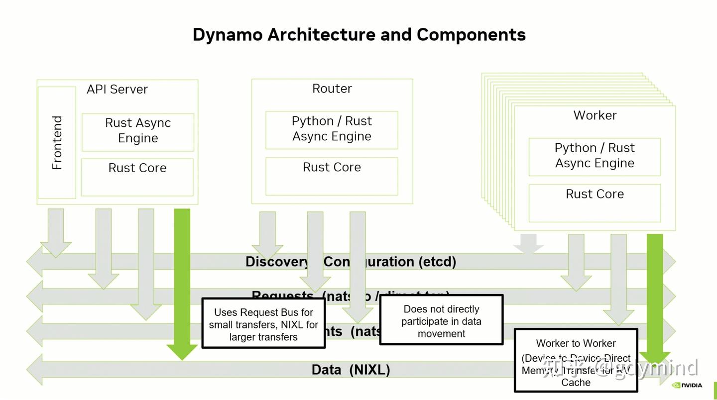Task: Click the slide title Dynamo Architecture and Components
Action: tap(359, 35)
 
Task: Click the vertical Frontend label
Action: tap(57, 143)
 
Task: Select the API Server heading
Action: tap(117, 90)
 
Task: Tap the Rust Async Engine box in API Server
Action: tap(138, 131)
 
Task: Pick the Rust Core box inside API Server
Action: tap(137, 177)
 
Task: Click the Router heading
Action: tap(332, 89)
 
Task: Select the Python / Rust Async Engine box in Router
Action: tap(332, 129)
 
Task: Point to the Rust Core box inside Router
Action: tap(332, 176)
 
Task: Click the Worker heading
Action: tap(595, 115)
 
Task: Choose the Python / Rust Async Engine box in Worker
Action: tap(595, 156)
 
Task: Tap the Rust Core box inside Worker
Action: tap(595, 202)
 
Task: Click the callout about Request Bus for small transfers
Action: tap(263, 324)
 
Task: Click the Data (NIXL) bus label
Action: tap(351, 370)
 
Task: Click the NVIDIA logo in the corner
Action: tap(687, 385)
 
